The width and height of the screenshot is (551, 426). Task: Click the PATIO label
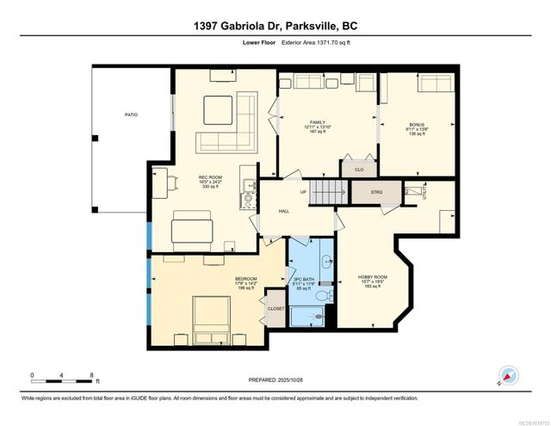[131, 114]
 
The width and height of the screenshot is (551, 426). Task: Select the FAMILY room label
[318, 122]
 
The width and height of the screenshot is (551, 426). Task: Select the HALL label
[284, 210]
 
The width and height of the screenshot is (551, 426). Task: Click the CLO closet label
[359, 170]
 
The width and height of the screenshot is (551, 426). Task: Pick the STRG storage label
[376, 192]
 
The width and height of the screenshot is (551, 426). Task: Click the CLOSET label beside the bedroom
[275, 307]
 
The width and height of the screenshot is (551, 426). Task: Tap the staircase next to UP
[327, 193]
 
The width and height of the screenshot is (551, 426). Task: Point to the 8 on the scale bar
[91, 375]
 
